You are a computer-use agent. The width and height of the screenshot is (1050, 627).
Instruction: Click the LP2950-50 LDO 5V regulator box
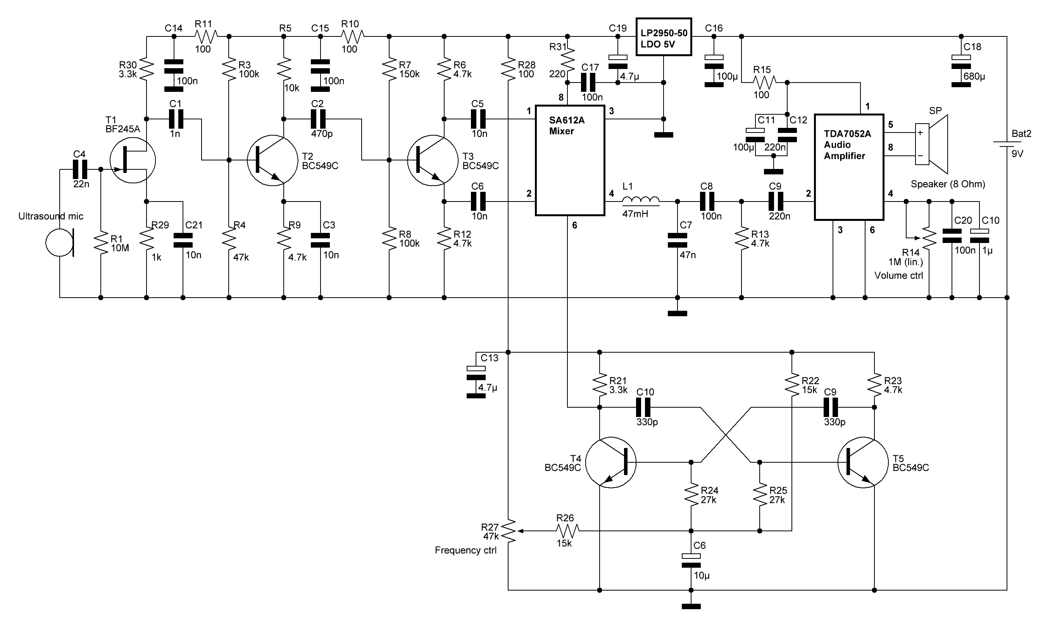point(664,37)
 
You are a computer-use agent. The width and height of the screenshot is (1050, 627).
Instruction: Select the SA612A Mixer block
point(570,160)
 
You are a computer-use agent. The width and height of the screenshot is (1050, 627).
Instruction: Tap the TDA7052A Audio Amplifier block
point(849,167)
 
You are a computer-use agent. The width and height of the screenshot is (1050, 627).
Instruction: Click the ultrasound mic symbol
point(60,243)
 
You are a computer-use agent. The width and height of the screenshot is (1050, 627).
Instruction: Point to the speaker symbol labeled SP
point(931,144)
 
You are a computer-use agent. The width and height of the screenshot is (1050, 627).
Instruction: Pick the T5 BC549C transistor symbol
point(863,463)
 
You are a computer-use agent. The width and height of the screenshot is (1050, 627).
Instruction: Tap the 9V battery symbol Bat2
point(1007,144)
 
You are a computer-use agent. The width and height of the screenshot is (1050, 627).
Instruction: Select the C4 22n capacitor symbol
point(79,169)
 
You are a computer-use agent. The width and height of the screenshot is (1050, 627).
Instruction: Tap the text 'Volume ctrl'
point(898,276)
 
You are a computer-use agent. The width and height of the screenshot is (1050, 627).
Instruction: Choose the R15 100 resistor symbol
point(764,83)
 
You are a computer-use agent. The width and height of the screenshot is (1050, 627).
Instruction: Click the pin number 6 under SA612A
point(575,226)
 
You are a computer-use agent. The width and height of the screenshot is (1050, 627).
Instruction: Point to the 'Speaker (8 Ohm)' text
point(948,184)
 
